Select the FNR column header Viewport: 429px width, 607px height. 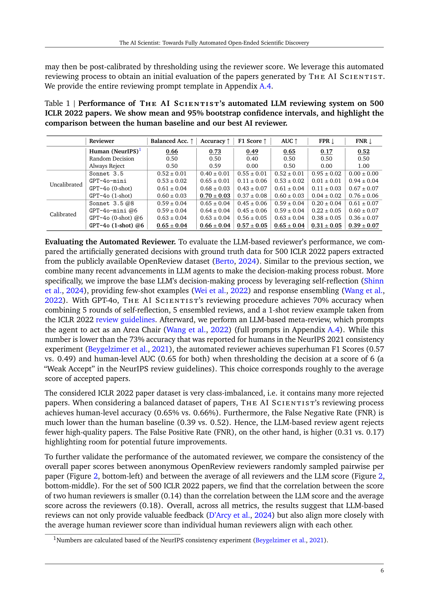pyautogui.click(x=363, y=141)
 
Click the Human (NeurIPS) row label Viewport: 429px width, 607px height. pyautogui.click(x=114, y=151)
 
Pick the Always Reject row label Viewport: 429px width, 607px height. pyautogui.click(x=106, y=166)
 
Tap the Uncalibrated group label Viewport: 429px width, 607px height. pyautogui.click(x=66, y=184)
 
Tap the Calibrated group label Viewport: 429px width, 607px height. pyautogui.click(x=63, y=214)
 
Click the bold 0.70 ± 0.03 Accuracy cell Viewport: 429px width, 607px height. pyautogui.click(x=215, y=196)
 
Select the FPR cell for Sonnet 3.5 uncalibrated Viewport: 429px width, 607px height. pyautogui.click(x=326, y=173)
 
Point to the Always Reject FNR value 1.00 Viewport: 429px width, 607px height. pyautogui.click(x=363, y=166)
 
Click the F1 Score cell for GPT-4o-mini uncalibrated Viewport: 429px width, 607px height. pyautogui.click(x=252, y=181)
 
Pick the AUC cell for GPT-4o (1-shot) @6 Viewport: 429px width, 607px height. pyautogui.click(x=289, y=225)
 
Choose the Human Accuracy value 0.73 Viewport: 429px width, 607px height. pyautogui.click(x=215, y=151)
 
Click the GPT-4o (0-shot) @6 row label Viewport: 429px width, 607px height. pyautogui.click(x=116, y=218)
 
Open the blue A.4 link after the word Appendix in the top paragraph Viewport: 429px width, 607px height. pyautogui.click(x=265, y=86)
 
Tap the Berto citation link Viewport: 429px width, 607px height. pyautogui.click(x=224, y=261)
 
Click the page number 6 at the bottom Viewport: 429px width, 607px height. pyautogui.click(x=382, y=570)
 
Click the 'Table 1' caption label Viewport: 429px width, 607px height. pyautogui.click(x=57, y=103)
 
